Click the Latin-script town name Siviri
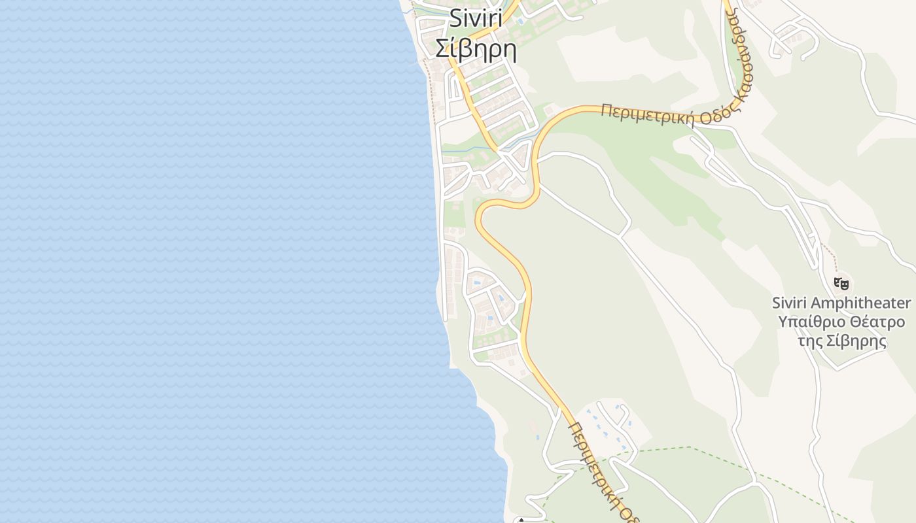(x=476, y=20)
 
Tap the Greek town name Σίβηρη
(x=476, y=49)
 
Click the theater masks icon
(x=841, y=284)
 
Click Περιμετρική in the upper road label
(x=647, y=115)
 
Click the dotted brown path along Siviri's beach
(x=431, y=92)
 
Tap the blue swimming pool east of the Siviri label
(x=520, y=22)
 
